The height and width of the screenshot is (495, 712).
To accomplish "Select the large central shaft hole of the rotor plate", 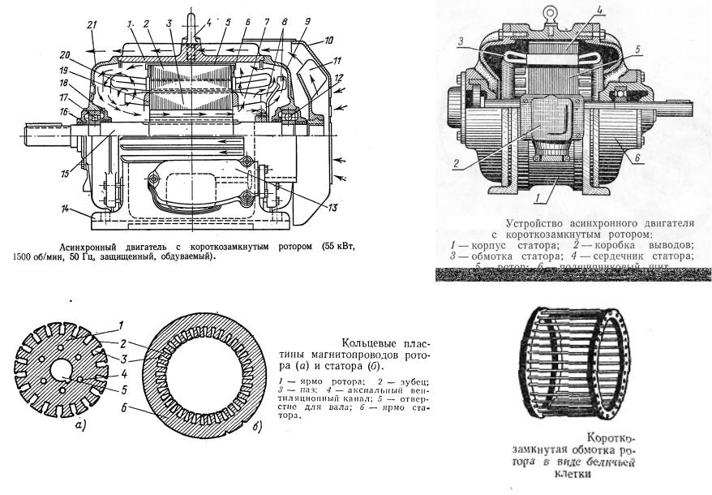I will (x=59, y=372).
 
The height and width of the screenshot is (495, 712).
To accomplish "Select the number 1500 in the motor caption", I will (x=27, y=256).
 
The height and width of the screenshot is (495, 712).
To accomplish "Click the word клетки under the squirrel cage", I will (x=568, y=476).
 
